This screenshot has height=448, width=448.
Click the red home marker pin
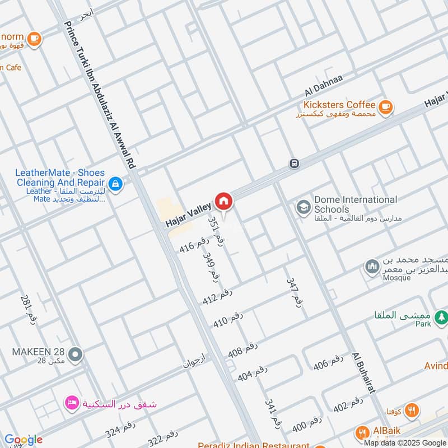223,201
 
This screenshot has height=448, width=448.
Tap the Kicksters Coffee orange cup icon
385,106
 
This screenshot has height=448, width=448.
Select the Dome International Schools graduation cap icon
304,207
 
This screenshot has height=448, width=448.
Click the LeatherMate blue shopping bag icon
115,184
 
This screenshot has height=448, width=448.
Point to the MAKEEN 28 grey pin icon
76,354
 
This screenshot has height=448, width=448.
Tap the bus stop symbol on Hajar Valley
294,164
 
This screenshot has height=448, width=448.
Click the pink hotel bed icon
72,403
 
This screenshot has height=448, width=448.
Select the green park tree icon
442,317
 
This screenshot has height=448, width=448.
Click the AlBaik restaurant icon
362,432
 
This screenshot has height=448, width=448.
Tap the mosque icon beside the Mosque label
372,268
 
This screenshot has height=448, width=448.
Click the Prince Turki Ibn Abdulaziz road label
101,95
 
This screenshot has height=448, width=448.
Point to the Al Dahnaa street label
323,84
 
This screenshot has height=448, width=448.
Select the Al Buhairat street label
363,372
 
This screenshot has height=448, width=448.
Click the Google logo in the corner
23,440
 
